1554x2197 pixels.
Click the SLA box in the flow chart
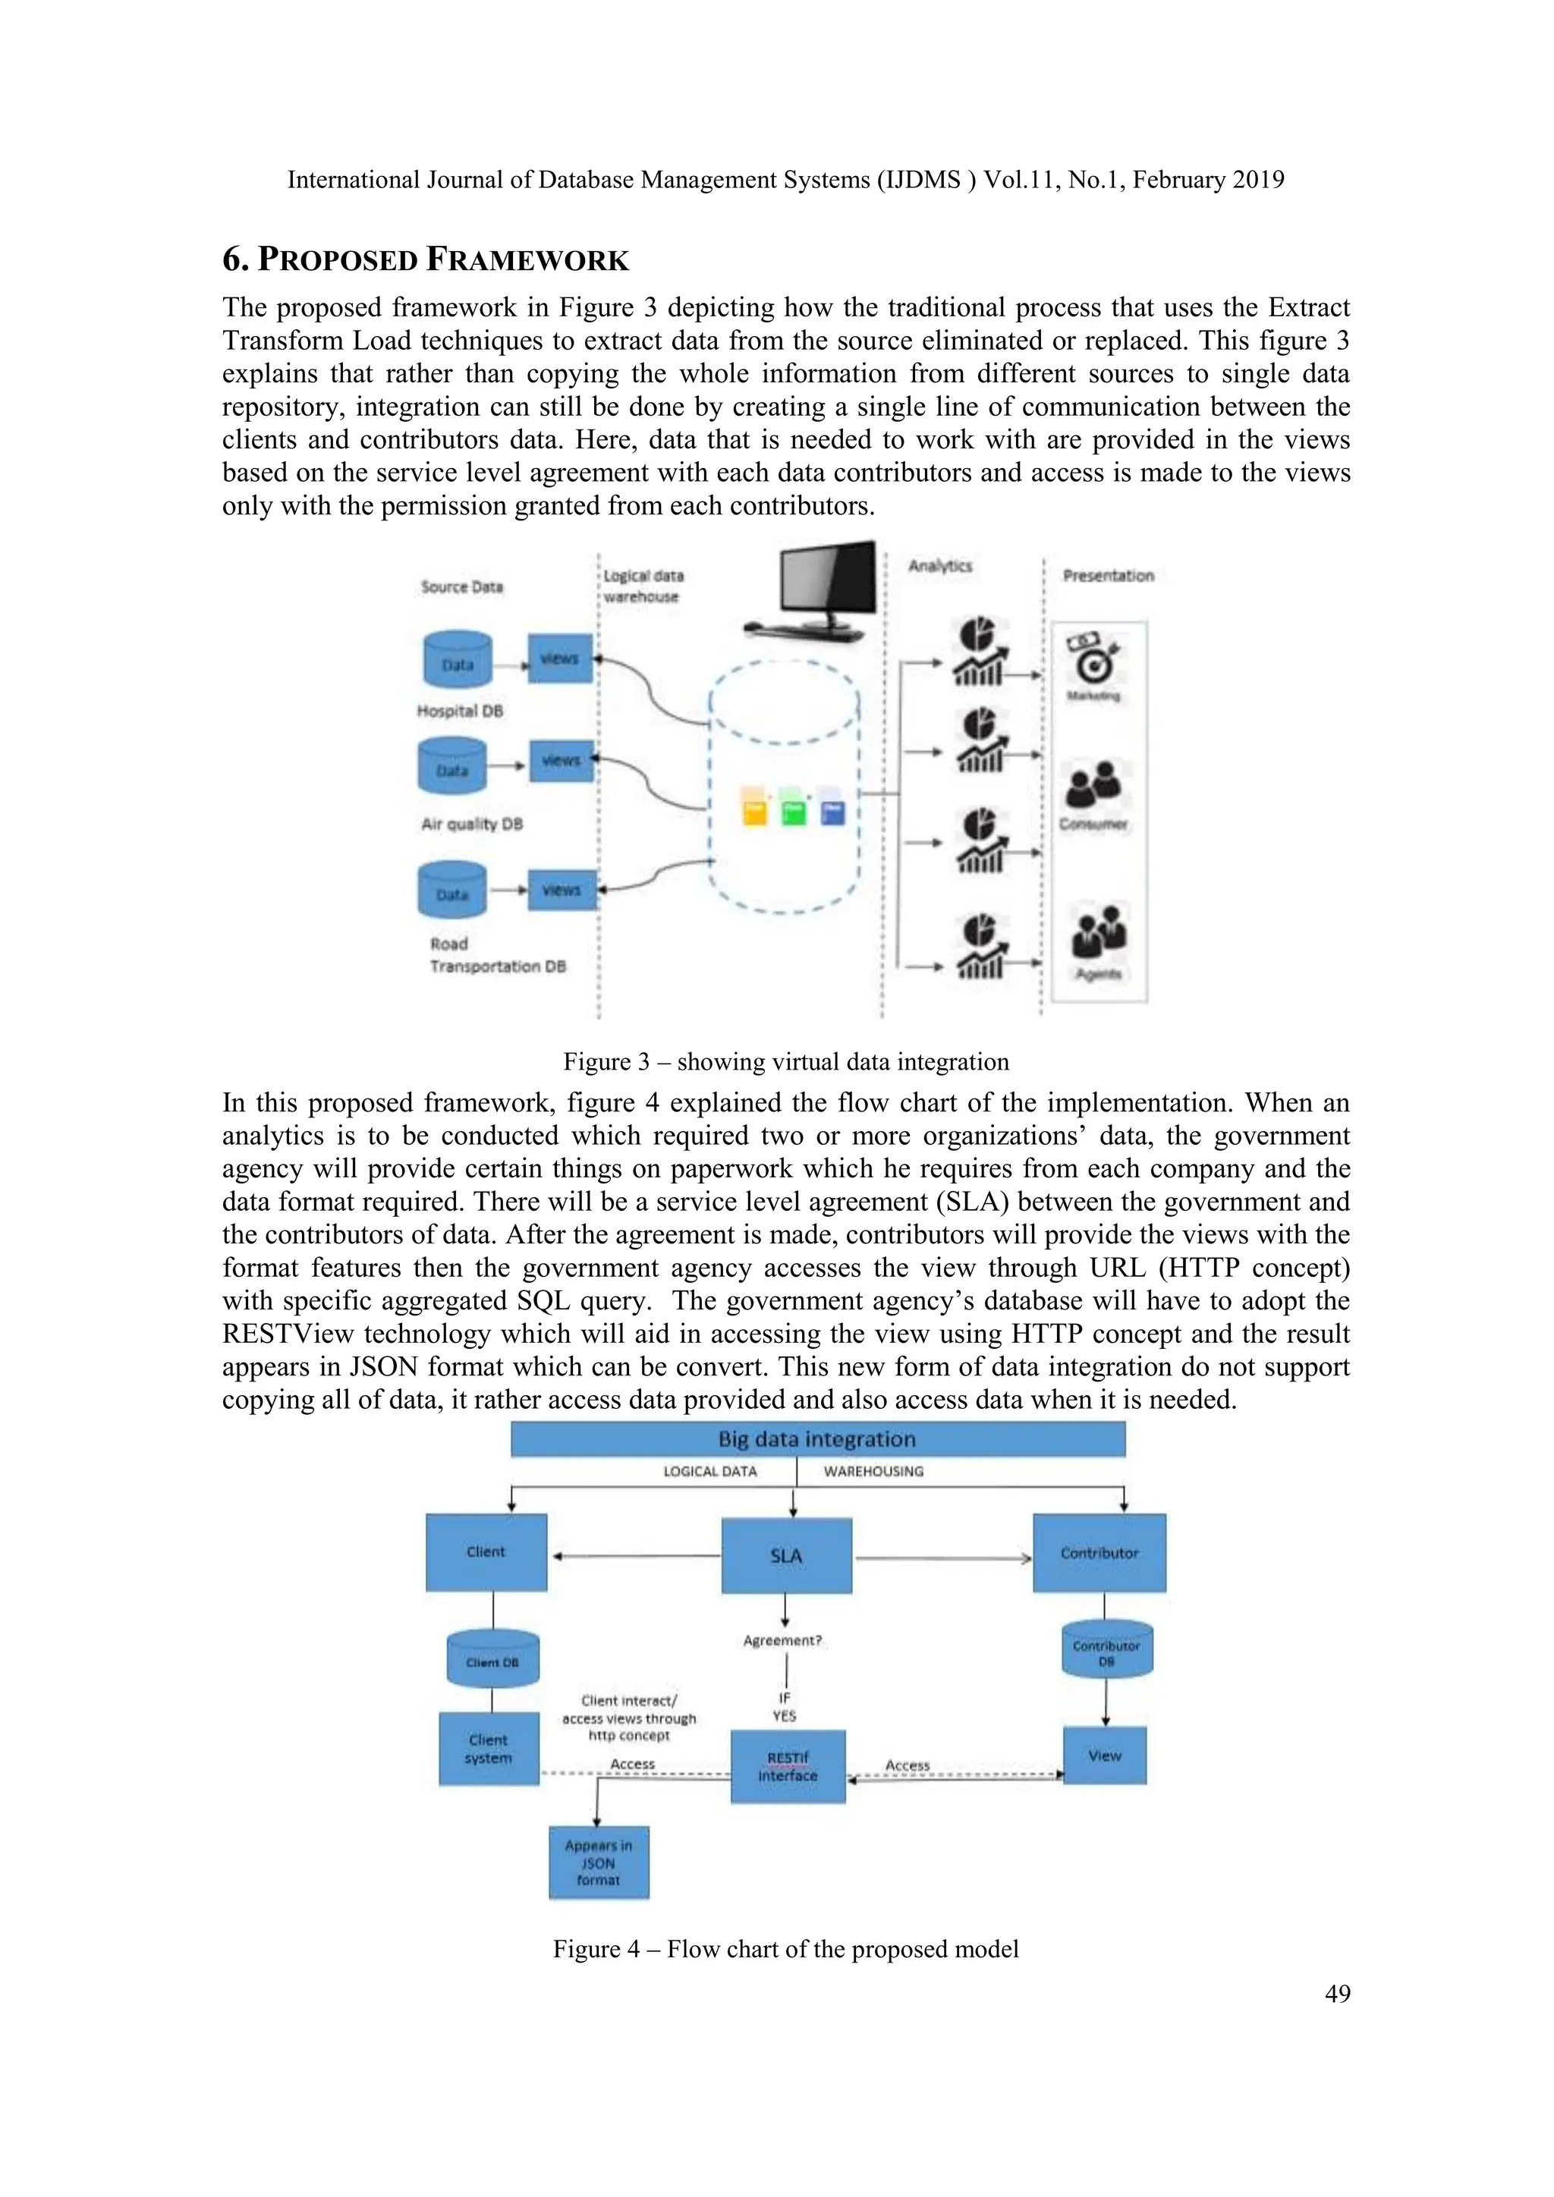point(785,1556)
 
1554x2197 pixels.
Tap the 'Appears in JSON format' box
point(598,1862)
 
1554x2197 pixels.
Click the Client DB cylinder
point(492,1659)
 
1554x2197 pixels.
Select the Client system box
point(488,1749)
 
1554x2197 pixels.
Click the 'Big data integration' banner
point(817,1439)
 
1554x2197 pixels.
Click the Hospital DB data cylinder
point(458,660)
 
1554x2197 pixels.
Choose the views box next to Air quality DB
point(561,761)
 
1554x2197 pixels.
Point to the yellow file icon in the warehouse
point(755,809)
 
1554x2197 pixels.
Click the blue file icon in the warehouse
point(832,809)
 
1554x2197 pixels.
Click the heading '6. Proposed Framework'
point(425,259)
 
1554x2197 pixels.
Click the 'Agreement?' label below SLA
point(782,1640)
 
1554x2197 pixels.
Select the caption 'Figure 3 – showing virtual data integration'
point(785,1061)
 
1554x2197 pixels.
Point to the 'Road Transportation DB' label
point(497,955)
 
